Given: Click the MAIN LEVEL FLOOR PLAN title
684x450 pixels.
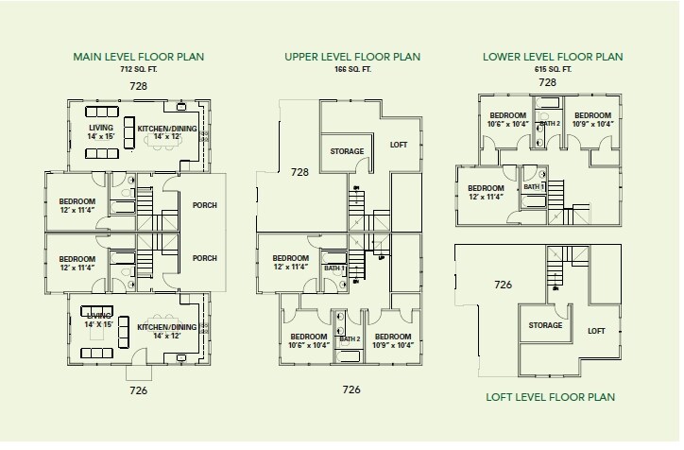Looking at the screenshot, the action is (x=138, y=57).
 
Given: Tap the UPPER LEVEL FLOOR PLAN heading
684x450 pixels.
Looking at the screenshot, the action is (x=352, y=57).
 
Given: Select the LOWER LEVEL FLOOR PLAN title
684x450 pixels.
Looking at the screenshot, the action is (x=553, y=57).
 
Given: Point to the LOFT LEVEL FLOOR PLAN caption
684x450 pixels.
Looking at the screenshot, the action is (x=551, y=397).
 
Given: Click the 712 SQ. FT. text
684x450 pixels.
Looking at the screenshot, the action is (x=139, y=69).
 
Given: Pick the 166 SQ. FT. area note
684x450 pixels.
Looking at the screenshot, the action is (x=353, y=69).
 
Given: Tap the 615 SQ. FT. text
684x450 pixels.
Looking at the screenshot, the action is (x=553, y=69).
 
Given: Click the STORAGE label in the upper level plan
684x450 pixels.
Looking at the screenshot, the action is (x=347, y=151).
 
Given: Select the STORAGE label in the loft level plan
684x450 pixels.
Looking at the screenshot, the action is (x=545, y=325).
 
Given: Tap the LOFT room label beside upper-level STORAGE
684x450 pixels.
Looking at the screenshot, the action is (x=399, y=145).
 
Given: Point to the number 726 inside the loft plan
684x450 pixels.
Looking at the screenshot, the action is (x=503, y=285).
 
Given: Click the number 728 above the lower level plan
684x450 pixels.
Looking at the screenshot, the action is (x=547, y=82).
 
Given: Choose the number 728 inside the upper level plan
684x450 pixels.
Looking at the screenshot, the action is (x=299, y=172).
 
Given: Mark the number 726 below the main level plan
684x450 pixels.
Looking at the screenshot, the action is (x=138, y=390).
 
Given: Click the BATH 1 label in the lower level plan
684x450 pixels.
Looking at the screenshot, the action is (x=534, y=187).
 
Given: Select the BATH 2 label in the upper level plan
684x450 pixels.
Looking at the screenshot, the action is (x=350, y=339).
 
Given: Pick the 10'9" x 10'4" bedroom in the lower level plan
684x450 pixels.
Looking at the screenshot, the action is (x=592, y=120).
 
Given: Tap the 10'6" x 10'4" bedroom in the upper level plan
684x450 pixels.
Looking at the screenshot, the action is (x=309, y=341).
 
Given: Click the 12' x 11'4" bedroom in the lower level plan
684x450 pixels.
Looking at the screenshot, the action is (x=486, y=193).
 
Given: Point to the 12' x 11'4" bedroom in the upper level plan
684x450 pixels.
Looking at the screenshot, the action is (x=291, y=262).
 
